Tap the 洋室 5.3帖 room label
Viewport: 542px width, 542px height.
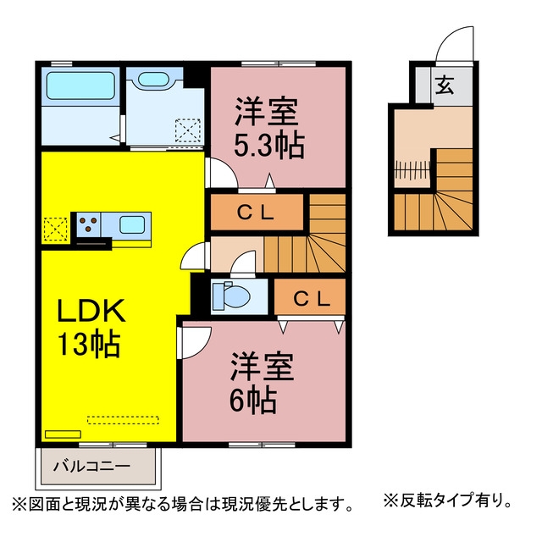(x=269, y=128)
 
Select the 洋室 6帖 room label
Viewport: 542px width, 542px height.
(x=262, y=383)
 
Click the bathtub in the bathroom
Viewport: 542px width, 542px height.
(x=80, y=86)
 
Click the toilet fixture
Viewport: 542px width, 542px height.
(x=230, y=296)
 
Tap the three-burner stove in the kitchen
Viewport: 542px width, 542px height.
(x=88, y=224)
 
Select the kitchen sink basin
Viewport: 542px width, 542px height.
(x=132, y=225)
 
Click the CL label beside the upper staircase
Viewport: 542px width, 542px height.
(x=256, y=213)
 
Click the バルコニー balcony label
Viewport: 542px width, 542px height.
(x=91, y=467)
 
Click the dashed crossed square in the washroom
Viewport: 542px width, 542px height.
(x=188, y=130)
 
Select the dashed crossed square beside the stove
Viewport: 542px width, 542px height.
(x=55, y=230)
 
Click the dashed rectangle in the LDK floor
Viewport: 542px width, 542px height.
(x=123, y=420)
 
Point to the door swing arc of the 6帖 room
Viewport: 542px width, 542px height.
(x=205, y=346)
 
